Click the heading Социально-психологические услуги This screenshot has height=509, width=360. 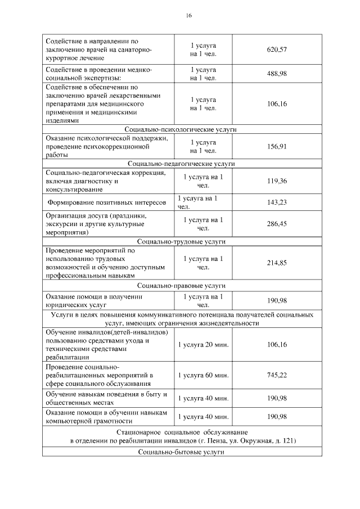(181, 129)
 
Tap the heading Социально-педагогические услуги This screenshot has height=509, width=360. (181, 164)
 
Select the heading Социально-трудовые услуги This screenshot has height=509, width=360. (181, 241)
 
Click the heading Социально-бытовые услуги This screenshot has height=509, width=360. (181, 452)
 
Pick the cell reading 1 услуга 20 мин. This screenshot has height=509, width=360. (203, 344)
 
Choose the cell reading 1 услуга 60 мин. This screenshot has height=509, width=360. (203, 375)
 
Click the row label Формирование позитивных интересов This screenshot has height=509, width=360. (107, 202)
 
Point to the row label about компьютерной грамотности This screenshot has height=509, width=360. (107, 416)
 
